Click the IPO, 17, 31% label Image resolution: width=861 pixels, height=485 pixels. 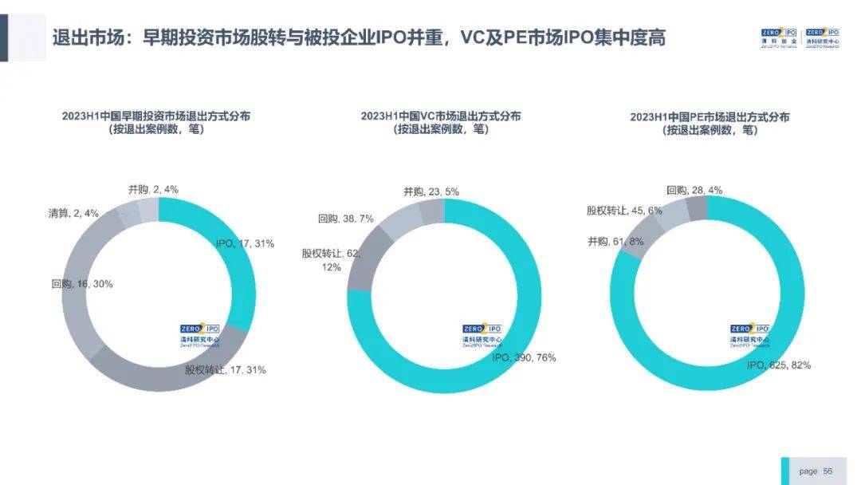[x=245, y=244]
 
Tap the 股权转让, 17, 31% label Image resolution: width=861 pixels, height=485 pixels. [x=226, y=370]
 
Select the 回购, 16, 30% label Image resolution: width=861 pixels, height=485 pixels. [x=81, y=284]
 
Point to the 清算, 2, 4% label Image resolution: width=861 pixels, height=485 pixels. [x=73, y=213]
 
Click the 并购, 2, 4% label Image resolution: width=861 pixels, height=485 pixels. [x=153, y=190]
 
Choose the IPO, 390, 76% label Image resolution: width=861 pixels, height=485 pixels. [x=524, y=357]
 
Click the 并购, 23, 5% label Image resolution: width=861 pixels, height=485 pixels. [x=431, y=192]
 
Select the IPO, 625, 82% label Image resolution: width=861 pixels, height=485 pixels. [x=779, y=365]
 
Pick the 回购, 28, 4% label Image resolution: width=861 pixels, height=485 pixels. [x=694, y=191]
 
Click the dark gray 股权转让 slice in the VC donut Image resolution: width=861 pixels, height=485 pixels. [x=363, y=259]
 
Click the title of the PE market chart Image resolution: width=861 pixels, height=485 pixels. [x=710, y=123]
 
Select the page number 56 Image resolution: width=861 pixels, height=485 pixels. [x=828, y=471]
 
